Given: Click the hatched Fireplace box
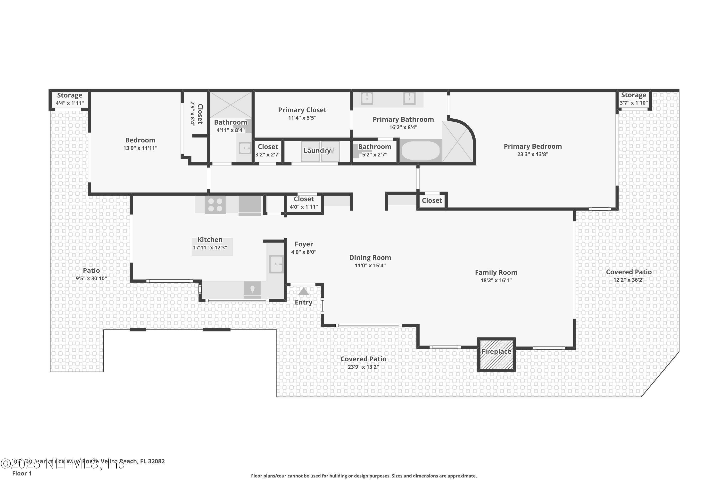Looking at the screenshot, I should tap(496, 354).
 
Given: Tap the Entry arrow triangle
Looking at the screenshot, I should tap(303, 291).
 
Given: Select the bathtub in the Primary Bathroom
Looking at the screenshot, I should tap(420, 151).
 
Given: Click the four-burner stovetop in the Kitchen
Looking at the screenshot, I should tap(215, 205).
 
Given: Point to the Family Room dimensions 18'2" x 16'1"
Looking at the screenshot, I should tap(496, 280).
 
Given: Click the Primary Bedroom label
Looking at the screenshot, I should tap(532, 146).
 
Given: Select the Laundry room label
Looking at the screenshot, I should tap(317, 151).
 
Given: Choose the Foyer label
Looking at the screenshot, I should tap(303, 244).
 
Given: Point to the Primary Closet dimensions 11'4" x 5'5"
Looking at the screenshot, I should tap(302, 118).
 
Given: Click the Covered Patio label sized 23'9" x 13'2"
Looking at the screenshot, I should tap(363, 359).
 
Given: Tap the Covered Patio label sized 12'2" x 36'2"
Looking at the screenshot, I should tap(629, 272).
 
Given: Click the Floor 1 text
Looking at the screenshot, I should tap(22, 473).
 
